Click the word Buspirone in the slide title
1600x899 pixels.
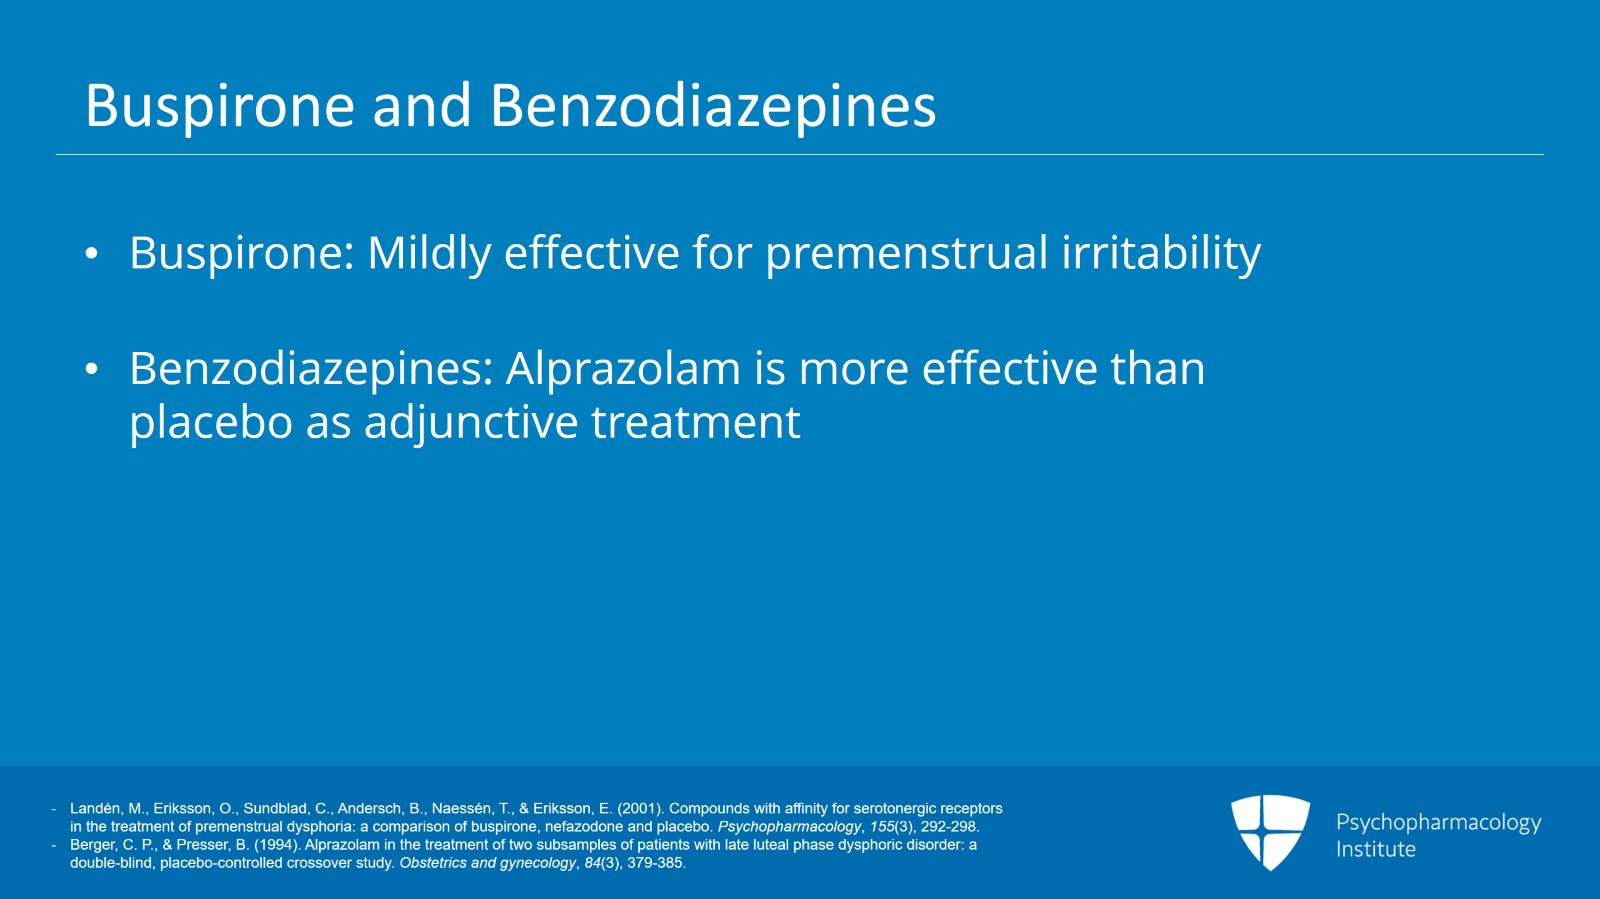click(220, 106)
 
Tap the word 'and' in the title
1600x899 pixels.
click(422, 106)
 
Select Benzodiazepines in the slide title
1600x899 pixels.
click(713, 106)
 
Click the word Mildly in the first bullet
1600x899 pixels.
click(429, 253)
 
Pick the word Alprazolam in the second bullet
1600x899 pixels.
click(623, 369)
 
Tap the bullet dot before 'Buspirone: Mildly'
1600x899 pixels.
click(92, 254)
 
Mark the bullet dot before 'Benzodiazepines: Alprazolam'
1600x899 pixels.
click(92, 370)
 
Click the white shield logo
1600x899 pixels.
click(1270, 831)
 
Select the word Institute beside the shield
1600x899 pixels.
click(1376, 849)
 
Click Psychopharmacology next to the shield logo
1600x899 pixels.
click(1438, 822)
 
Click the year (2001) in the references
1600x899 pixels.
click(640, 808)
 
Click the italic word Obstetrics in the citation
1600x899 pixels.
click(433, 862)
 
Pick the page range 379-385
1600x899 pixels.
click(656, 862)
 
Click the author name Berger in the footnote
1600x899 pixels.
click(92, 844)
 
